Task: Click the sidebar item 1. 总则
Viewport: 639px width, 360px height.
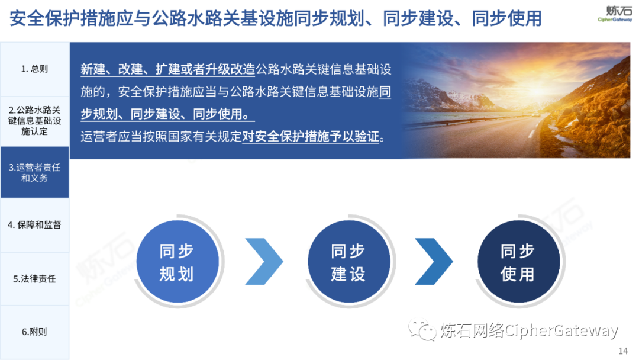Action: click(x=35, y=69)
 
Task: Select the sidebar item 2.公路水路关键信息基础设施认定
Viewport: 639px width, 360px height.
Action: click(x=35, y=121)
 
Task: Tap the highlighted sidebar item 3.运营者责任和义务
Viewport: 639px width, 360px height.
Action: click(x=35, y=172)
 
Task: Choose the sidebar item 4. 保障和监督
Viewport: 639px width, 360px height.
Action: click(x=35, y=224)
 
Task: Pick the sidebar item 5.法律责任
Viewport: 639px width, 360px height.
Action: click(x=35, y=279)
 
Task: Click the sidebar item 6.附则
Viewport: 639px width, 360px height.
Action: click(x=35, y=332)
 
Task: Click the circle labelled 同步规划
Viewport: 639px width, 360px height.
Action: click(x=177, y=261)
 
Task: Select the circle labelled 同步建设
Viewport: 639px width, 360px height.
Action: click(x=349, y=261)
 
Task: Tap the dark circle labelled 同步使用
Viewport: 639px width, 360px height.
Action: click(x=518, y=261)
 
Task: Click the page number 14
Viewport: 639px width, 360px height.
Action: click(x=623, y=351)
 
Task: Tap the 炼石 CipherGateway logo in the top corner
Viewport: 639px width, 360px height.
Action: click(x=615, y=13)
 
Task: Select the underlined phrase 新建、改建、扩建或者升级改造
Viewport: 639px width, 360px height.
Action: click(x=167, y=69)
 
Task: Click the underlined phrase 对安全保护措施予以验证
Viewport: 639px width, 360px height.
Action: click(x=311, y=136)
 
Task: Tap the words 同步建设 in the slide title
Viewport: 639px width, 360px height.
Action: click(x=418, y=18)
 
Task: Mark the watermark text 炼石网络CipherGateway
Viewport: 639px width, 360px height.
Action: click(x=529, y=330)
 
